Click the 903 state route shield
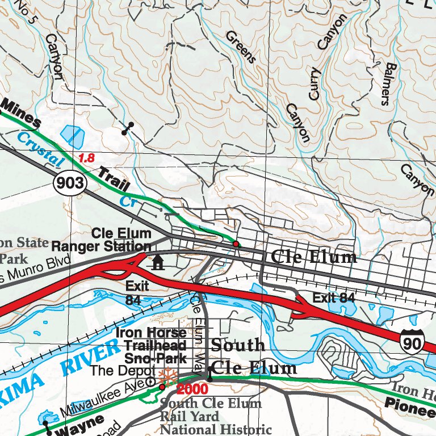(x=70, y=183)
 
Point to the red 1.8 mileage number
(x=86, y=158)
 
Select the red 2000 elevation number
(x=192, y=389)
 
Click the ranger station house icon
(x=157, y=262)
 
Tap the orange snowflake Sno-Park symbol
(x=166, y=376)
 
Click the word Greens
(x=241, y=47)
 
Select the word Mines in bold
(x=22, y=113)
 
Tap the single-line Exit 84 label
(x=333, y=297)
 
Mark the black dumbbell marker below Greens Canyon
(x=128, y=129)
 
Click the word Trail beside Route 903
(x=114, y=179)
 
